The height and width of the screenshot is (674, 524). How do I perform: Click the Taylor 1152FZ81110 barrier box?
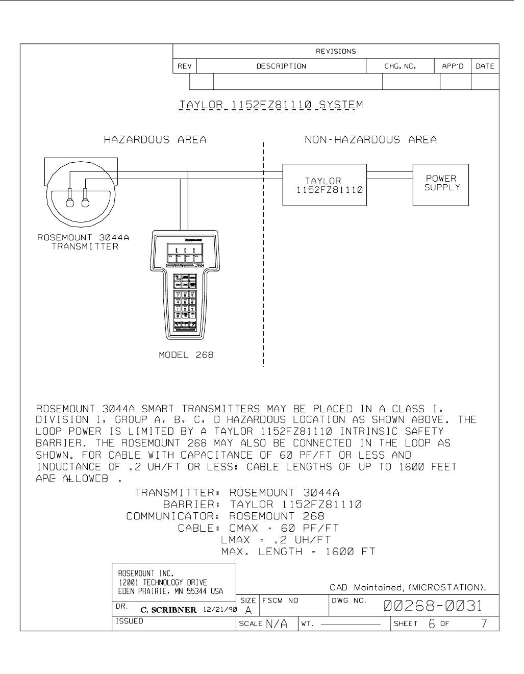point(325,185)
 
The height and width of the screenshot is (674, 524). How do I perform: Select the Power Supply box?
point(440,184)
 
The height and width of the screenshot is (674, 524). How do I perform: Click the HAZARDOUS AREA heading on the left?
point(155,140)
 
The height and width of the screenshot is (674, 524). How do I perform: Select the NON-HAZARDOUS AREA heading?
point(371,140)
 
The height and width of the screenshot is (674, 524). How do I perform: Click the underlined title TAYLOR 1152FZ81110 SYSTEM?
point(271,106)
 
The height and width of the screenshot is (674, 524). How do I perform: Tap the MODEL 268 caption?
point(186,355)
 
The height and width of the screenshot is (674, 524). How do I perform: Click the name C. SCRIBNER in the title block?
point(168,610)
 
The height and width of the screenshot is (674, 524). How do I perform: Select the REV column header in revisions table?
point(184,66)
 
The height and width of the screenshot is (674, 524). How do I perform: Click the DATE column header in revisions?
point(484,66)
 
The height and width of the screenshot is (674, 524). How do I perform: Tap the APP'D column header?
point(452,66)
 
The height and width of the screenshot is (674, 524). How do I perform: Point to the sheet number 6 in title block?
point(432,623)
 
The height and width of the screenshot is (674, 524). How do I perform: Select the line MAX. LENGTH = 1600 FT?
point(298,552)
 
